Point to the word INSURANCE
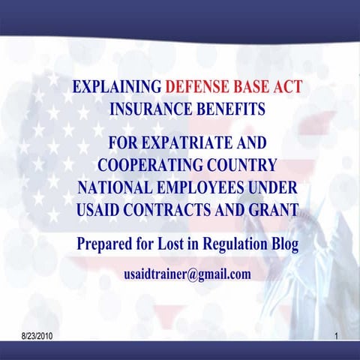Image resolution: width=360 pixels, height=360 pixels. (148, 109)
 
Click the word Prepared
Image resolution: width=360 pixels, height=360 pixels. (107, 244)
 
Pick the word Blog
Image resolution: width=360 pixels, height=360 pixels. (283, 244)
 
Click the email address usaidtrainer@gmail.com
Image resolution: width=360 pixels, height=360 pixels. (187, 274)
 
